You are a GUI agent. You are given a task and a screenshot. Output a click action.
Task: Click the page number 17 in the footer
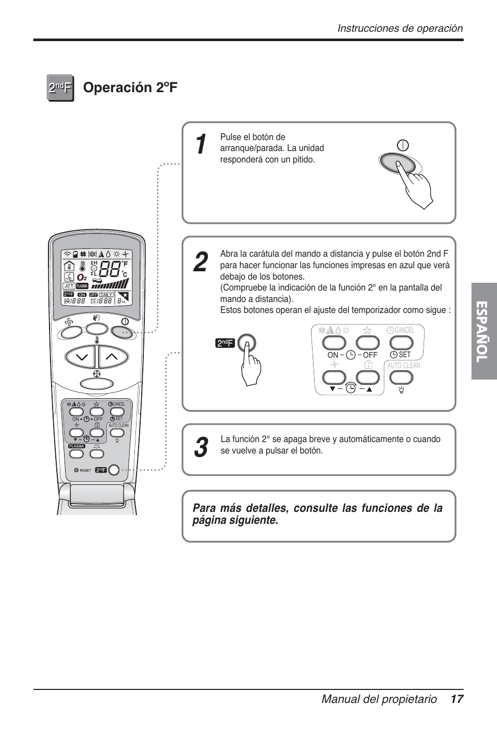[x=457, y=699]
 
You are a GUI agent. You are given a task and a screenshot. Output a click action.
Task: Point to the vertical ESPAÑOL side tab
[x=483, y=331]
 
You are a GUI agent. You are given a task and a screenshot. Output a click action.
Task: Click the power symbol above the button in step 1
[x=403, y=145]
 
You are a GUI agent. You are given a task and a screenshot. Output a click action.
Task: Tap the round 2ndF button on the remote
[x=114, y=470]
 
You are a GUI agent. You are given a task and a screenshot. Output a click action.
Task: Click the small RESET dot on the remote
[x=76, y=470]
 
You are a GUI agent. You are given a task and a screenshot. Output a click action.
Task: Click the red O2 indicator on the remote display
[x=82, y=278]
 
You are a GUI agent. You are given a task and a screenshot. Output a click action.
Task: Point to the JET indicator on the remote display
[x=69, y=286]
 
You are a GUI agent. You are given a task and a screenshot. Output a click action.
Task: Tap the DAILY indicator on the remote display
[x=106, y=295]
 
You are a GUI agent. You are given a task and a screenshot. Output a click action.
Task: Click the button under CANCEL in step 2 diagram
[x=401, y=343]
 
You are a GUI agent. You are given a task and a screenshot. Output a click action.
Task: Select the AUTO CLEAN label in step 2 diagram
[x=403, y=366]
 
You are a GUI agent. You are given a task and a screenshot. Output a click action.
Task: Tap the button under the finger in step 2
[x=247, y=343]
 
